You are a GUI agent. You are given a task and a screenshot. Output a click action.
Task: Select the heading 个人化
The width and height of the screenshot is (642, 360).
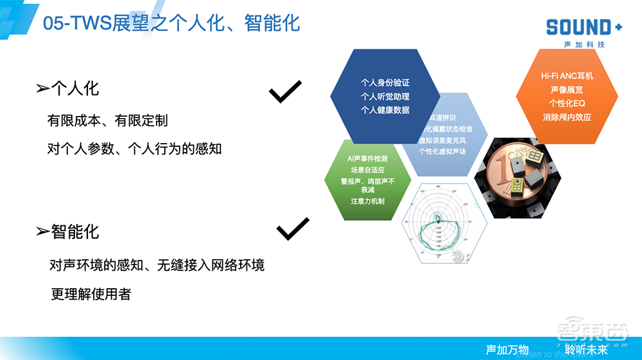coord(74,89)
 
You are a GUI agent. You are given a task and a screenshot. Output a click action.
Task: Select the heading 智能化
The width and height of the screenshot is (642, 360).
coord(74,232)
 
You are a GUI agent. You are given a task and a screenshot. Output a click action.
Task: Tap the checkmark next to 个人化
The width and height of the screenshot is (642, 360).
coord(285,92)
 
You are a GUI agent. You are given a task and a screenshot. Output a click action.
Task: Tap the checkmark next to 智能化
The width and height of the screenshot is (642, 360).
coord(293,228)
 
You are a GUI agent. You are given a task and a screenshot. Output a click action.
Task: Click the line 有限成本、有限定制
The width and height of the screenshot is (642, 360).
coord(108,120)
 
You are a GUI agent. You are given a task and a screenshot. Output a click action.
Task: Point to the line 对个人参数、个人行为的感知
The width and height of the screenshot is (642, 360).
coord(134,149)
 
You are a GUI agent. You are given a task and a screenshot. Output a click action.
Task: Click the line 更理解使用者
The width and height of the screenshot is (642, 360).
coord(91,294)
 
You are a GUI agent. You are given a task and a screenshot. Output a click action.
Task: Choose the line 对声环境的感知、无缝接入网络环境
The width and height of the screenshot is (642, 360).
coord(157,264)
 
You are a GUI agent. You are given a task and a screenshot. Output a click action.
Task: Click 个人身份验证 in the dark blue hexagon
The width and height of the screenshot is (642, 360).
coord(385,83)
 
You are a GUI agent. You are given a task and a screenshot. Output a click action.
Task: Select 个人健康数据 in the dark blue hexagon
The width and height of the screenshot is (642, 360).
coord(385,110)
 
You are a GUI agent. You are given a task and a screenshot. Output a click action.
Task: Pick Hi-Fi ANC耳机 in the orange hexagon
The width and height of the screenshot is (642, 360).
coord(567,76)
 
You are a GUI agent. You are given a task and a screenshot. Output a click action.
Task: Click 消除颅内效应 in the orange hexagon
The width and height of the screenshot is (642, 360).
coord(567,117)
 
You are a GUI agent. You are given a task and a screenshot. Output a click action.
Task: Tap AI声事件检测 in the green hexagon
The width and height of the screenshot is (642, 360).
coord(367,158)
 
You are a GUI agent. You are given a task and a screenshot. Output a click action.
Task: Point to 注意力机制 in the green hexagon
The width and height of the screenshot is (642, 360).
coord(367,201)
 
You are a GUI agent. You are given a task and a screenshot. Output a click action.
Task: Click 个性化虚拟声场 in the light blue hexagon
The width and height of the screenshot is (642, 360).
coord(442,151)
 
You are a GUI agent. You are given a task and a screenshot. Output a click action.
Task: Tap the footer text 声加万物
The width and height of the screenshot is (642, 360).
coord(507,350)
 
